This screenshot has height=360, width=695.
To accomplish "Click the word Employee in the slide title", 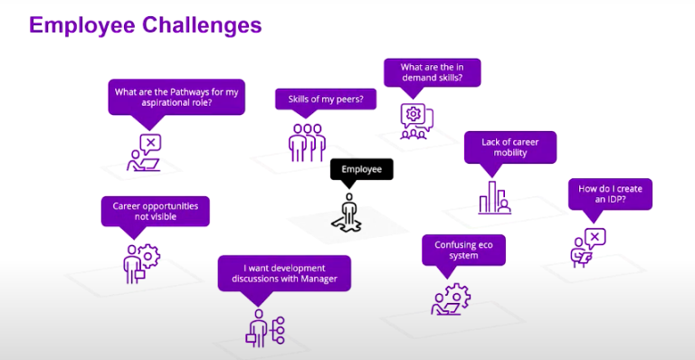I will (x=82, y=24).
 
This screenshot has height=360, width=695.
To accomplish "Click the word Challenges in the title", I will (x=201, y=24).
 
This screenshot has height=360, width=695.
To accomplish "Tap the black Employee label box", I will (x=361, y=169).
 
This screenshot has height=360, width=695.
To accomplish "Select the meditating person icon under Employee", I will (x=348, y=213).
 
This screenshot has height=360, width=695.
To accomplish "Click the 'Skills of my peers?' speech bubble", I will (x=325, y=99).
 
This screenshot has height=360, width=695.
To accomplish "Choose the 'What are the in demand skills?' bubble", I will (x=431, y=72).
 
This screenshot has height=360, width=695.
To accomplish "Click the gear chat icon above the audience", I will (x=415, y=120).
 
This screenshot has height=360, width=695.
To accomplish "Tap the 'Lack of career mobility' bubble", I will (x=509, y=147).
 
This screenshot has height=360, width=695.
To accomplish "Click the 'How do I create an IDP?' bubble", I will (x=609, y=193).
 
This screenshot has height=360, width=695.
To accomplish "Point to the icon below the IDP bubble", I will (x=587, y=247).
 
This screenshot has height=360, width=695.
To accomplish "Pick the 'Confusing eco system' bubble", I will (x=463, y=250).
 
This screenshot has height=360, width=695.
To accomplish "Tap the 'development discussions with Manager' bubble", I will (x=284, y=273).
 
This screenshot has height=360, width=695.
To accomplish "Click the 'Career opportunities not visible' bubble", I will (x=156, y=212).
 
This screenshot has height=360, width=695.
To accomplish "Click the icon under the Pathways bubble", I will (x=145, y=153).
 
